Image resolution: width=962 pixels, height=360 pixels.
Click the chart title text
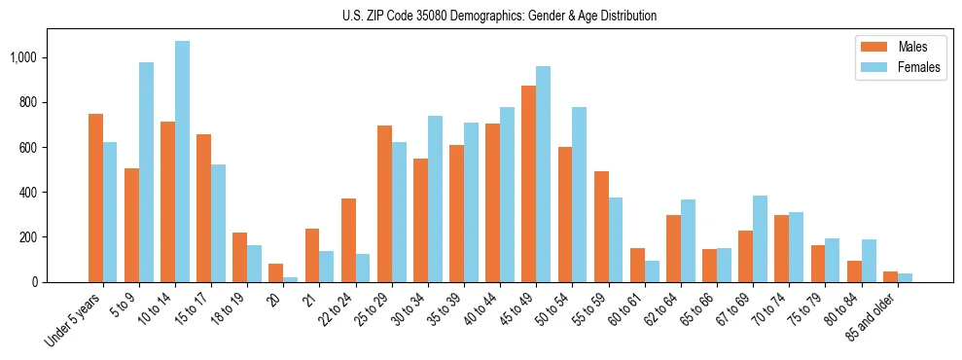pos(499,17)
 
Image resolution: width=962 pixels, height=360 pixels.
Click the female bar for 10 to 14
pos(183,162)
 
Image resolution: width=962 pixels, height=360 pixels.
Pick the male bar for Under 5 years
pos(95,198)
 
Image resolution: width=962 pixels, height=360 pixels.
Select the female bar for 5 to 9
pos(147,172)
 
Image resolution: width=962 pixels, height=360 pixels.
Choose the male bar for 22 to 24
pos(348,240)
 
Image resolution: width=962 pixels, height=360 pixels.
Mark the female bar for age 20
pos(291,279)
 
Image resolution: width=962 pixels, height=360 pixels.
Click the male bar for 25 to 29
pos(384,204)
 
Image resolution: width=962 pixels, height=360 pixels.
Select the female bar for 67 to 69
pos(760,239)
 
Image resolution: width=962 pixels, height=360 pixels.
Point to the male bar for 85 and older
pos(891,277)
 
